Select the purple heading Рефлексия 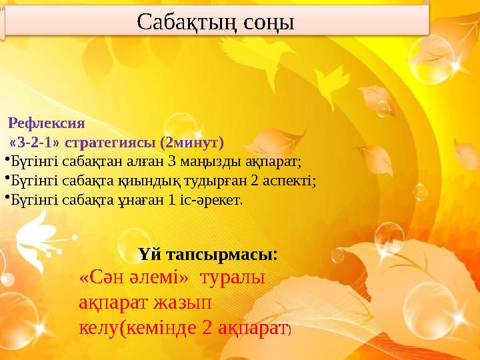tap(47, 123)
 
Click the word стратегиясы tap(115, 142)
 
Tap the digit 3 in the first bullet tap(171, 161)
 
